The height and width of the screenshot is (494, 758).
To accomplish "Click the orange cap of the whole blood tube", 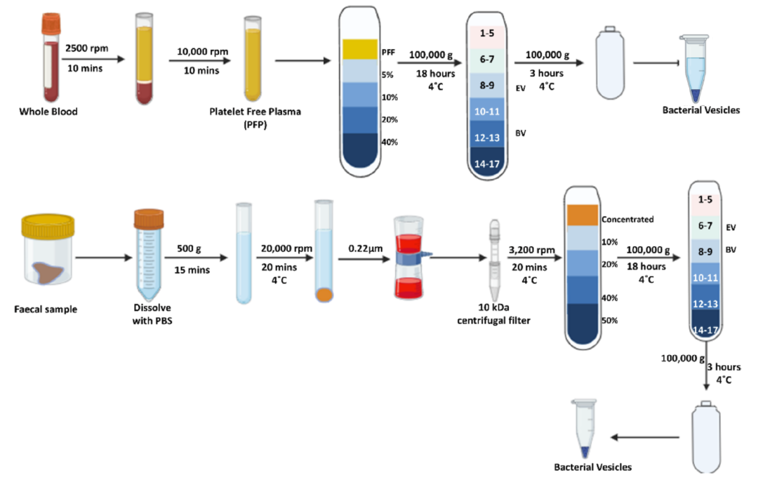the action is [x=51, y=23].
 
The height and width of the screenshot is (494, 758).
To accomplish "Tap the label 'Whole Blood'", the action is [x=48, y=112].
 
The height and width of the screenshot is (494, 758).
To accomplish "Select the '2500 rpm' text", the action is [x=87, y=48].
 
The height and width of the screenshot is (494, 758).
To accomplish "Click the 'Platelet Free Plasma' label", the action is [x=255, y=112].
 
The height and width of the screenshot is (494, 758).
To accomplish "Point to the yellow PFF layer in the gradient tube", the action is [x=360, y=49].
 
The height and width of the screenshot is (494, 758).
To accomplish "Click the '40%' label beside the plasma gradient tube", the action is [x=390, y=142].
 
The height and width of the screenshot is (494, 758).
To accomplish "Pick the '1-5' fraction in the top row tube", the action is [x=487, y=34].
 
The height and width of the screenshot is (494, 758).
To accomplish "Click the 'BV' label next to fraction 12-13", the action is [x=521, y=133].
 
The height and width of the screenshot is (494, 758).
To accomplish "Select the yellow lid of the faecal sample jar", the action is [x=48, y=226].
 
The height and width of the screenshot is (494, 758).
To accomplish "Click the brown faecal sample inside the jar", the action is [x=48, y=273].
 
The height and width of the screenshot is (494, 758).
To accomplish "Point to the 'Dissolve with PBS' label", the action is [x=152, y=314].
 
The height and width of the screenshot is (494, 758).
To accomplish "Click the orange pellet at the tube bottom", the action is [x=324, y=295].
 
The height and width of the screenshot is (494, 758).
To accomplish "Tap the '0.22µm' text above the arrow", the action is [x=366, y=248].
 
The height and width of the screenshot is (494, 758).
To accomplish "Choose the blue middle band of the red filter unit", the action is [x=411, y=258].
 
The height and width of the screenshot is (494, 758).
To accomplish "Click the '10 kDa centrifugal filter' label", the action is [x=493, y=314].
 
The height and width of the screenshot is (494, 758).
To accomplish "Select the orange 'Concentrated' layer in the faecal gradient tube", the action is [x=583, y=215].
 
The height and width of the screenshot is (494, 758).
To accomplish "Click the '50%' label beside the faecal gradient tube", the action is [x=610, y=321].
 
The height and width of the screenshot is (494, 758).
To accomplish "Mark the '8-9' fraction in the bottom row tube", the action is [x=705, y=251].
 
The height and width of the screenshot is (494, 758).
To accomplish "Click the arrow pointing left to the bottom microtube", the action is [x=645, y=437].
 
